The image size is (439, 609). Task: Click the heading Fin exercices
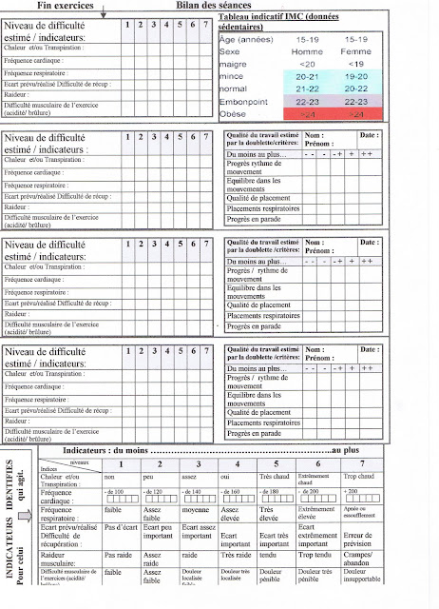click(x=64, y=6)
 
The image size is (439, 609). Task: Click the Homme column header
click(x=306, y=51)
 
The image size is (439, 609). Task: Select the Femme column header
click(x=356, y=51)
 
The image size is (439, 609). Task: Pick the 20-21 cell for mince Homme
click(x=306, y=75)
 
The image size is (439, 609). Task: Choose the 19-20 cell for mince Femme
click(x=356, y=75)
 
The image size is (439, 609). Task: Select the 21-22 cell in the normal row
click(x=306, y=88)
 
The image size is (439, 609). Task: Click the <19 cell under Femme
click(x=356, y=63)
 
